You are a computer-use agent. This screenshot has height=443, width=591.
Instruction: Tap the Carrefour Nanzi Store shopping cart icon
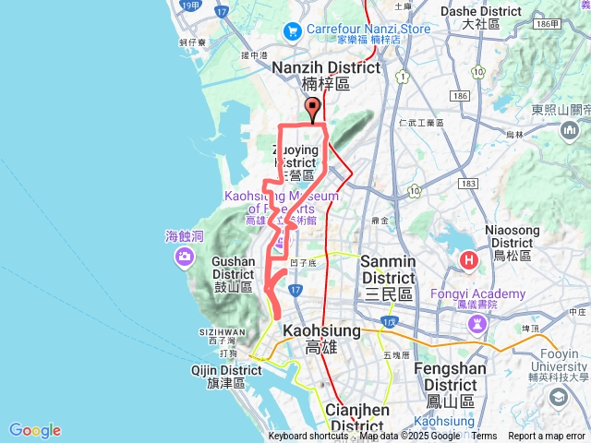point(293,30)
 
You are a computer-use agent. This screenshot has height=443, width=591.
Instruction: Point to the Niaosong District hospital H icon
point(469,261)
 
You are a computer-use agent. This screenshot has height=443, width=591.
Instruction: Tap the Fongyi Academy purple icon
point(477,323)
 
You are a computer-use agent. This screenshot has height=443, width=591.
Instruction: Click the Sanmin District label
point(388,269)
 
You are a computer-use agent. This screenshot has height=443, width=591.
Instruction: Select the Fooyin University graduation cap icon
point(558,397)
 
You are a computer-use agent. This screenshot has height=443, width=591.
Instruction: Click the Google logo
point(35,430)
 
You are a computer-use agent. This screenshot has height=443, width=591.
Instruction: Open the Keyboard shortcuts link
point(308,437)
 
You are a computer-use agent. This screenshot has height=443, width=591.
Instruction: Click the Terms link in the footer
point(484,437)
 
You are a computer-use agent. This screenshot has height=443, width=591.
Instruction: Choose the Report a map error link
point(548,437)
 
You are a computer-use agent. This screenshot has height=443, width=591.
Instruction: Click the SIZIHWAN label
point(222,331)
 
